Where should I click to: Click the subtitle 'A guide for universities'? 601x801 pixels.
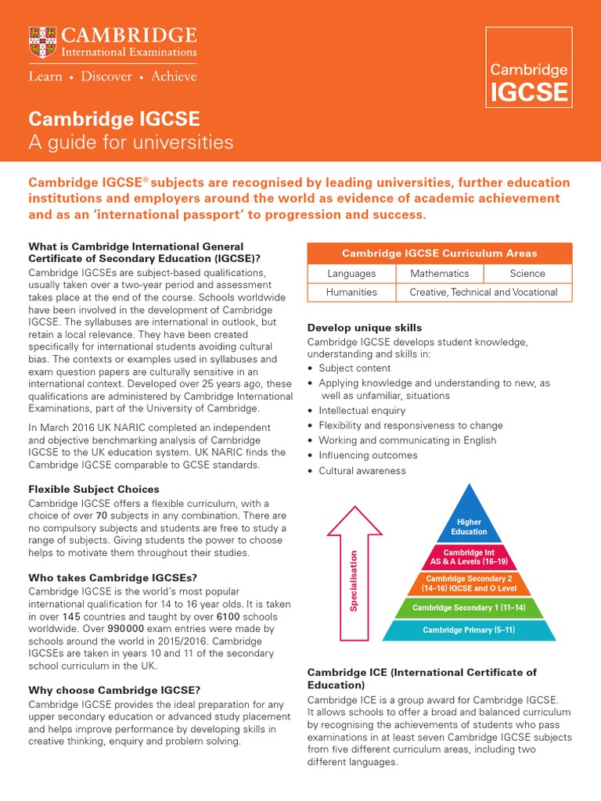click(x=131, y=142)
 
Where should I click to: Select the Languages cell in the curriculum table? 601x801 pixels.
click(x=351, y=274)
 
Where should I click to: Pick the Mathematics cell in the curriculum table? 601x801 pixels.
click(x=439, y=274)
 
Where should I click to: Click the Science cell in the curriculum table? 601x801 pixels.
click(x=527, y=274)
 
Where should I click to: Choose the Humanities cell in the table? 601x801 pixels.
click(x=351, y=293)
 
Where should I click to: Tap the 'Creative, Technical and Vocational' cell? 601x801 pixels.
click(x=483, y=293)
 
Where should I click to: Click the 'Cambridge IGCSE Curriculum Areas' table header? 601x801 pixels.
click(x=439, y=253)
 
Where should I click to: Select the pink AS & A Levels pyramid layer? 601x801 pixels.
click(x=469, y=557)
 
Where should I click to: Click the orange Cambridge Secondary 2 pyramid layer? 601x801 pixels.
click(x=469, y=583)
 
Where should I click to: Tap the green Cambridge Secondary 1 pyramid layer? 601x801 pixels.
click(x=469, y=608)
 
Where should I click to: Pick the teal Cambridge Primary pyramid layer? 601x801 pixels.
click(x=469, y=630)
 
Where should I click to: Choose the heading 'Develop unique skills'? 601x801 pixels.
click(x=364, y=328)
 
